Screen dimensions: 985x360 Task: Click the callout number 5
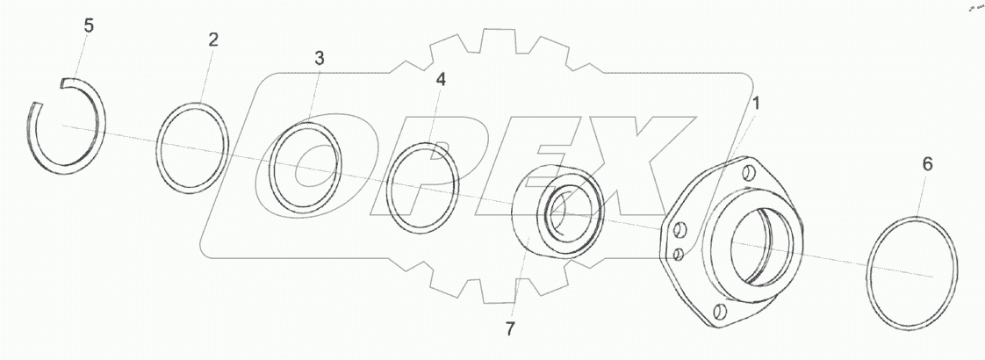click(89, 26)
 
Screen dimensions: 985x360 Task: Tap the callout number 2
click(213, 40)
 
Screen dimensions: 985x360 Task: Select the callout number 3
click(320, 59)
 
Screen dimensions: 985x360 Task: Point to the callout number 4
click(441, 80)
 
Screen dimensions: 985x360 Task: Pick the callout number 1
click(757, 104)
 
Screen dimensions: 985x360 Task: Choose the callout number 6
click(927, 164)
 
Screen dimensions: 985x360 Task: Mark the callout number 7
click(511, 329)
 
